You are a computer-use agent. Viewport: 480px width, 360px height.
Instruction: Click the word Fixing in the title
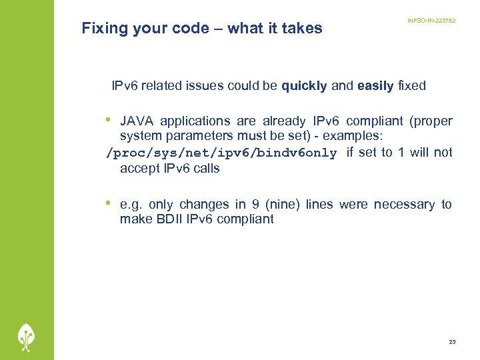(x=105, y=29)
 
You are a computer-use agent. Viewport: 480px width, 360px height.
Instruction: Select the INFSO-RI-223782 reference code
(x=431, y=21)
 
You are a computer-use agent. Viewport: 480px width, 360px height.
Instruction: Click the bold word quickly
(x=304, y=86)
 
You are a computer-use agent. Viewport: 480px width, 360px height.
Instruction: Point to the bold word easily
(x=375, y=86)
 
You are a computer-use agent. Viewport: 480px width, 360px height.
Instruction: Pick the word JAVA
(x=137, y=121)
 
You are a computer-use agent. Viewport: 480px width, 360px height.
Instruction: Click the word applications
(x=195, y=121)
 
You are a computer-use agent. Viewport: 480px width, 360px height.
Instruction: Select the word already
(x=285, y=121)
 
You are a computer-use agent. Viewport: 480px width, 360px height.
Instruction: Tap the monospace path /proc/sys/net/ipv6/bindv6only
(x=222, y=153)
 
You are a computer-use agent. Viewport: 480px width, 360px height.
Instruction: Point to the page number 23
(x=452, y=342)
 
